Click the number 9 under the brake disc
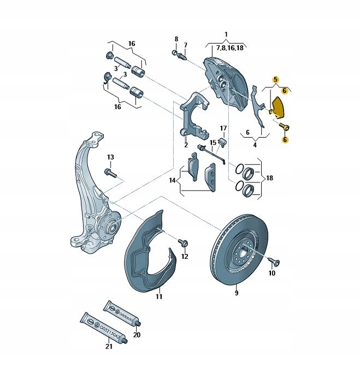(237, 293)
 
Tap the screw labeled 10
(275, 262)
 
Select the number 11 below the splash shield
(159, 297)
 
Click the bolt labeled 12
(183, 242)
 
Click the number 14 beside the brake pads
(172, 180)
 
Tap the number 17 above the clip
(223, 128)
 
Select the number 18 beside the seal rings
(270, 178)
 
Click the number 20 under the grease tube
(137, 335)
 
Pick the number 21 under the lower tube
(109, 346)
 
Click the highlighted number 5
(276, 80)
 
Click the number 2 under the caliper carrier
(186, 145)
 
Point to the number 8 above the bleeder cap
(176, 39)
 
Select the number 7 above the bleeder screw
(185, 45)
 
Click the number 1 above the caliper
(227, 34)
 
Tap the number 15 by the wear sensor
(213, 142)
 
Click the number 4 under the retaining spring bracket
(254, 145)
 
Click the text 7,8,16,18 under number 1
(227, 48)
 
